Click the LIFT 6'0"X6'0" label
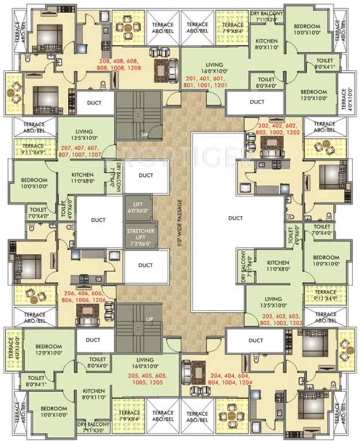[138, 207]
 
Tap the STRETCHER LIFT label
[138, 236]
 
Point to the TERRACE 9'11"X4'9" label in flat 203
[326, 295]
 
